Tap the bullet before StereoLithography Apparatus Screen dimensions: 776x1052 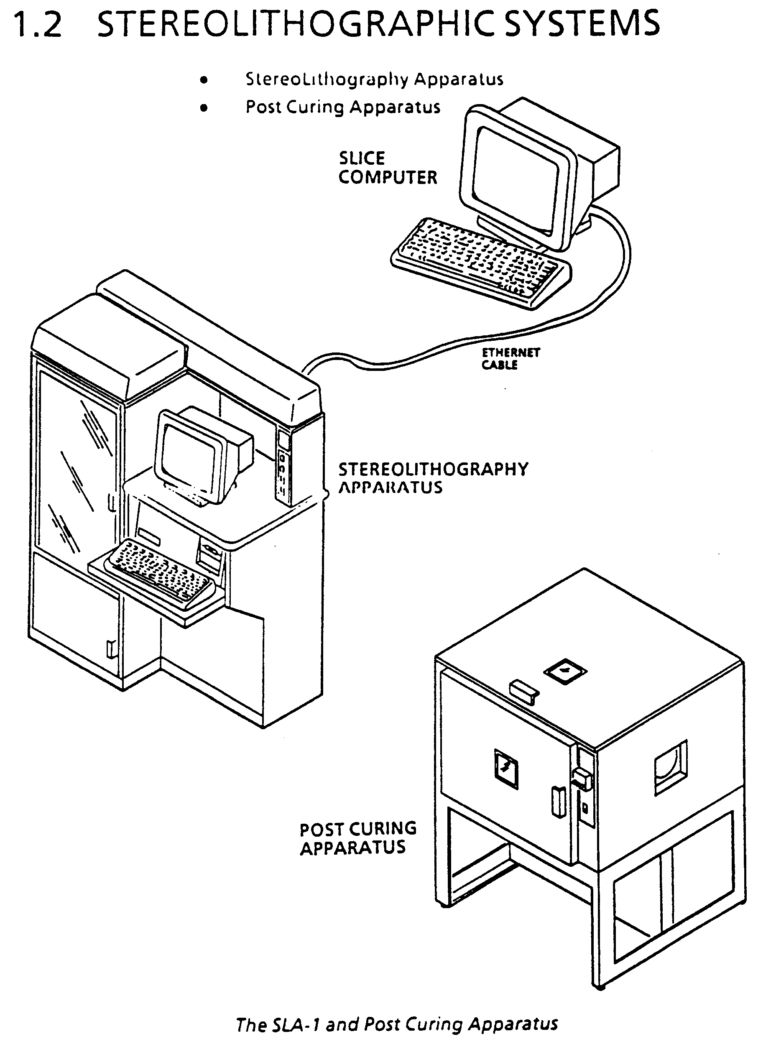(203, 80)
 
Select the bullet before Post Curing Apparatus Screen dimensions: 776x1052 (203, 108)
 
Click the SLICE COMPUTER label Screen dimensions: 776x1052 (388, 168)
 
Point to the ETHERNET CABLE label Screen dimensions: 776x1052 (511, 359)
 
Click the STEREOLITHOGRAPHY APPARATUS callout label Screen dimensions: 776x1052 (434, 478)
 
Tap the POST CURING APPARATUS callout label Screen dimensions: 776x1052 (358, 838)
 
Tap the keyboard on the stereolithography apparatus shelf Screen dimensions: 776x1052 (160, 569)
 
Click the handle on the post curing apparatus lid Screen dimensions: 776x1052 (524, 692)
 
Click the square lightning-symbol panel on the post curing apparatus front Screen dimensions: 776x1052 (506, 769)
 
